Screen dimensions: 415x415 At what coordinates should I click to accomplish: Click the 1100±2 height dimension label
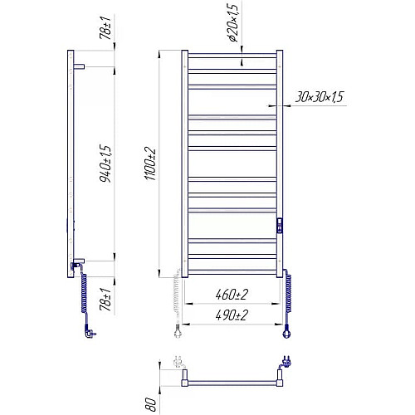coord(150,164)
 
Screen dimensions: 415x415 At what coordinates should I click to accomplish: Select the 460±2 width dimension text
coord(232,295)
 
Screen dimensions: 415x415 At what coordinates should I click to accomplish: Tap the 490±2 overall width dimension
coord(232,315)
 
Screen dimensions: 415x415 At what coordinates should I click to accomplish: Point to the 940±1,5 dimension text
coord(105,164)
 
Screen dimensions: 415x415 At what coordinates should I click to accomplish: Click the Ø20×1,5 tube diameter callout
coord(233,22)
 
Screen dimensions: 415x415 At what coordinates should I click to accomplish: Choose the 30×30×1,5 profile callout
coord(319,96)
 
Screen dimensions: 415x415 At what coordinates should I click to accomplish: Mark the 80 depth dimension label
coord(150,404)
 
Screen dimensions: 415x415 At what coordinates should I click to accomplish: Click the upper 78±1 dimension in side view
coord(105,27)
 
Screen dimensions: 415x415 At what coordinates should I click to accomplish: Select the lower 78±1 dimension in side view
coord(105,299)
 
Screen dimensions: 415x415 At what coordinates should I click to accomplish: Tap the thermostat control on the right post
coord(280,226)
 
